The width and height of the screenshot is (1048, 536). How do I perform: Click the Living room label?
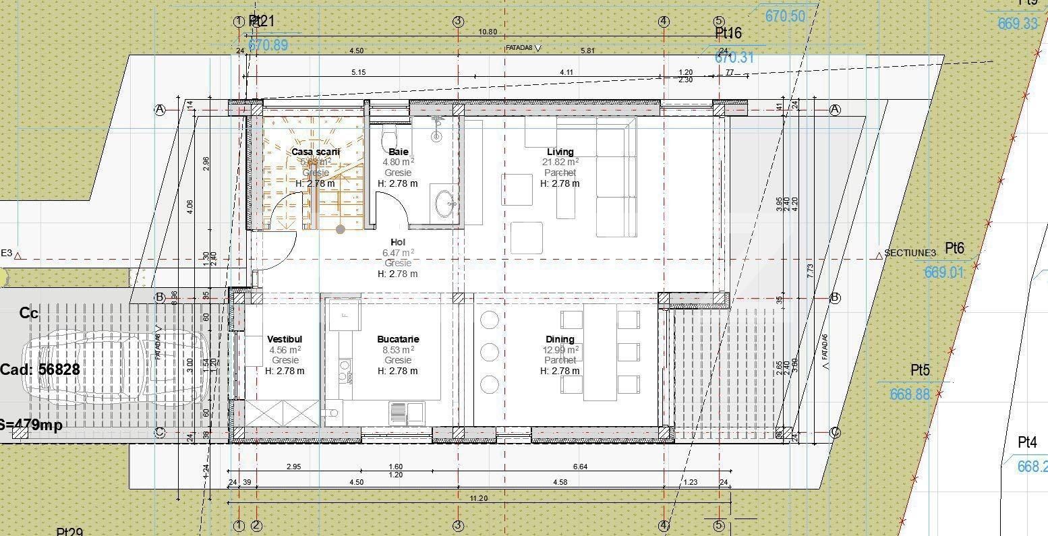[x=560, y=152]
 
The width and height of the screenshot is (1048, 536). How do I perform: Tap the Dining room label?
[x=560, y=339]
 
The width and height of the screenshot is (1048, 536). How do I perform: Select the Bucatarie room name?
[x=398, y=339]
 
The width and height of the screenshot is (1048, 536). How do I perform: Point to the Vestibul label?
[x=285, y=339]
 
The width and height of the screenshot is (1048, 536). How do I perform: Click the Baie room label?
[x=398, y=152]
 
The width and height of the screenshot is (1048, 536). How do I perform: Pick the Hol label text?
[x=398, y=242]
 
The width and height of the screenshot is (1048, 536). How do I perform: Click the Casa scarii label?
[x=316, y=152]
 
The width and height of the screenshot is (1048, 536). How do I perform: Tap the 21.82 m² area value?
[x=560, y=162]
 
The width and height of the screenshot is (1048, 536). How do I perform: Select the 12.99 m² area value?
[x=560, y=349]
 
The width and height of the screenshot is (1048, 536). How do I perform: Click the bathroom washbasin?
[x=445, y=204]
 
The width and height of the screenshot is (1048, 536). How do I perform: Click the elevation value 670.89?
[x=268, y=45]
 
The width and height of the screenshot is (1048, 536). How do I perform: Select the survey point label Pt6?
[x=954, y=248]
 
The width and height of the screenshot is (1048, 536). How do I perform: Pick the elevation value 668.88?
[x=909, y=394]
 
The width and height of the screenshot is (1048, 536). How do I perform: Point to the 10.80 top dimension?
[x=487, y=32]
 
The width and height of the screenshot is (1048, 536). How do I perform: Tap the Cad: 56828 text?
[x=40, y=369]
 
